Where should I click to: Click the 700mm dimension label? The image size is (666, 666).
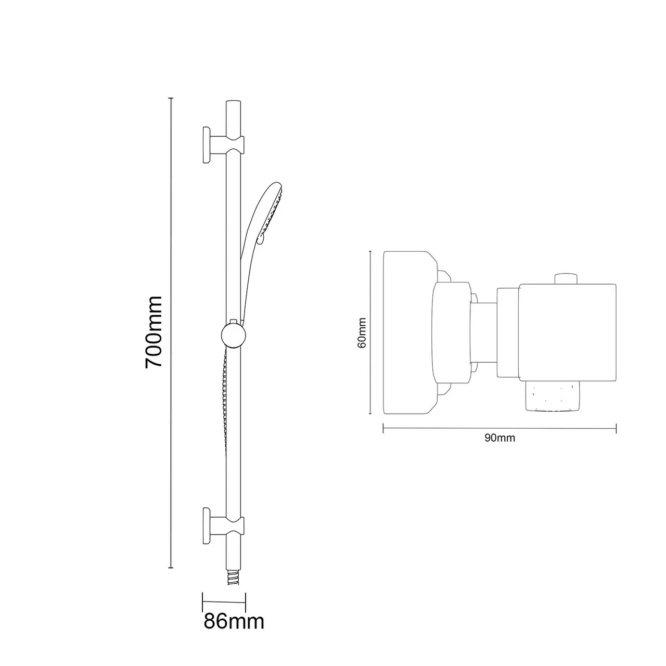154,332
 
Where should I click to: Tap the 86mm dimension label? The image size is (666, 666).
234,621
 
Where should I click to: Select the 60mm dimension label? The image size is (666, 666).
363,333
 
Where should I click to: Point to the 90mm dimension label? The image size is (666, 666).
499,438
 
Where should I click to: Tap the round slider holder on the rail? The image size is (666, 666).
233,335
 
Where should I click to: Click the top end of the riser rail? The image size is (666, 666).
233,107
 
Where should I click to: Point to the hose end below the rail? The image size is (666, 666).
233,578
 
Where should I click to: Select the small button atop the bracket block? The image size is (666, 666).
566,278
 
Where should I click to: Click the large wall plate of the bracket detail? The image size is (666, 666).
408,333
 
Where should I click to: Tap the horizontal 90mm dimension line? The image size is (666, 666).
499,428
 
